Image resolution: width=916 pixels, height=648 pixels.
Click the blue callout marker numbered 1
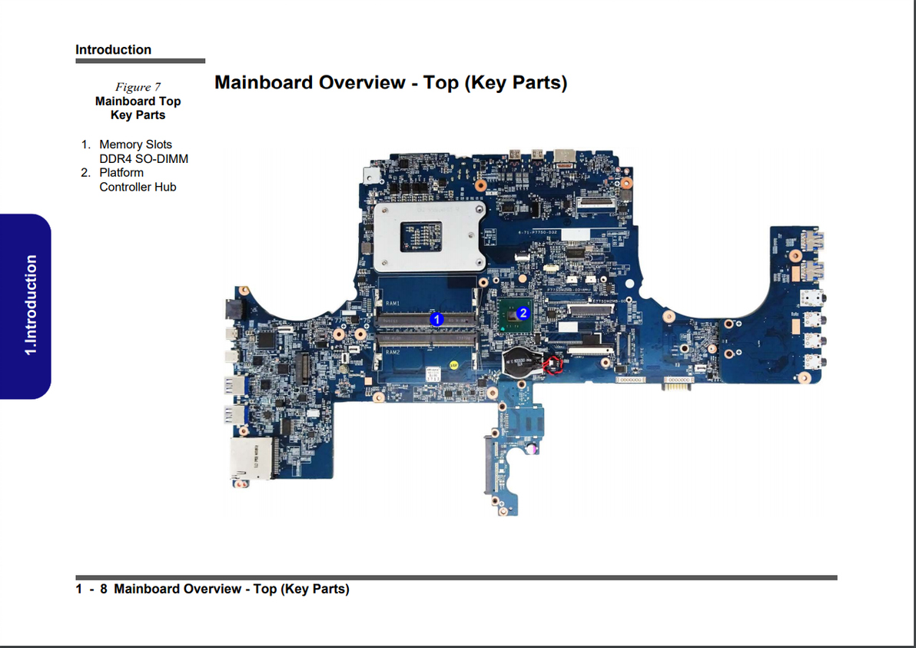pos(436,318)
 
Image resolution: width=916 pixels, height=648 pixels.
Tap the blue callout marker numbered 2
pos(523,313)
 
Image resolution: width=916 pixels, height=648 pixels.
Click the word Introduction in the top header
pos(113,50)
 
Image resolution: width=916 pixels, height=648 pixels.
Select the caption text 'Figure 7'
pos(138,87)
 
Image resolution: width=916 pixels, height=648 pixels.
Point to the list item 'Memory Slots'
pos(135,145)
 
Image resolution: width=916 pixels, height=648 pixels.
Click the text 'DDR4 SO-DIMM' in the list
pos(144,159)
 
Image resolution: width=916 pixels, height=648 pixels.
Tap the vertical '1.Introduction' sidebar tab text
pos(30,305)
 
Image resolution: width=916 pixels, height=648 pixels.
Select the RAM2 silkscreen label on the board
pos(392,351)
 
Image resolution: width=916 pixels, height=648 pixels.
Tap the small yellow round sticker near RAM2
pos(454,364)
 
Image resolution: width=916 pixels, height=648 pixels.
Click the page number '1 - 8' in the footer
pos(91,589)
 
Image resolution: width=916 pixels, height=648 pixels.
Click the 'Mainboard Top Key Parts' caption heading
pos(138,108)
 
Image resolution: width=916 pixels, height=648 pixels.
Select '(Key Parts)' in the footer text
pos(314,589)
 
